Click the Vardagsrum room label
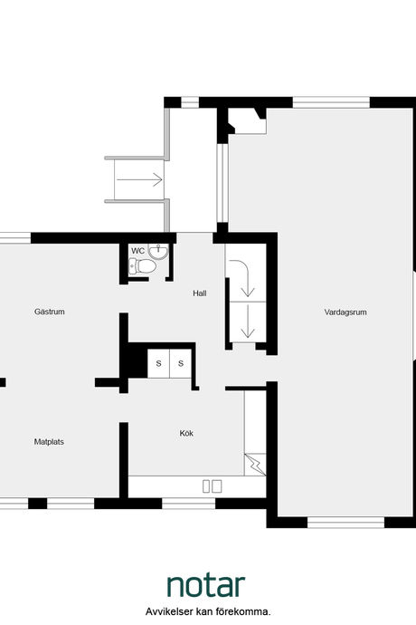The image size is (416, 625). point(345,312)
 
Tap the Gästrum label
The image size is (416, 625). point(50,312)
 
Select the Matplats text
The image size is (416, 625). point(49,442)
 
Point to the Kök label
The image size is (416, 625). point(186,433)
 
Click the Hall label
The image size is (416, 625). point(200,293)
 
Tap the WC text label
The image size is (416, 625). point(137,251)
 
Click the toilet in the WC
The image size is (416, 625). point(142,266)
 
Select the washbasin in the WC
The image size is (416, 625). point(158,251)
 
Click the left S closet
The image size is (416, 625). point(158,363)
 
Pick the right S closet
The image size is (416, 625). point(181,363)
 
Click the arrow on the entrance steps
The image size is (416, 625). point(139,179)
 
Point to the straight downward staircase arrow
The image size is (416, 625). point(248,322)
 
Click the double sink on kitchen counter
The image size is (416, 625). point(213,486)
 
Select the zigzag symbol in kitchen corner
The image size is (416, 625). point(255,465)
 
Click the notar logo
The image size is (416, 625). point(206,585)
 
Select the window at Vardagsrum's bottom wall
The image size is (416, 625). point(346,522)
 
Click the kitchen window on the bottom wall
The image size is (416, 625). point(189,504)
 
